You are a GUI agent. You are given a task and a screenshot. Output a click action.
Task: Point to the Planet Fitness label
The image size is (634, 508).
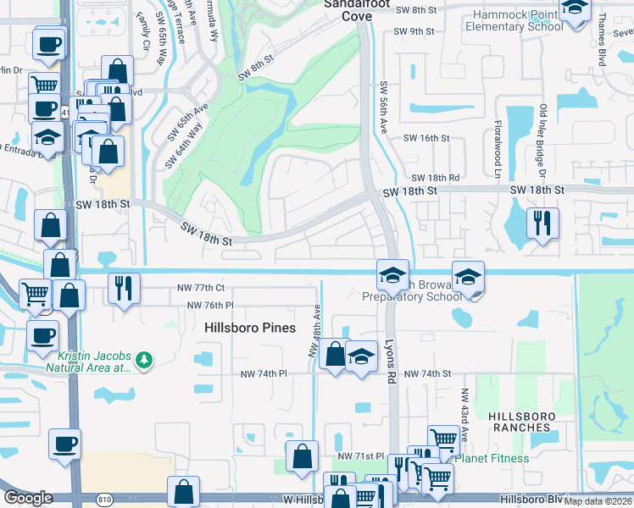[x=492, y=458]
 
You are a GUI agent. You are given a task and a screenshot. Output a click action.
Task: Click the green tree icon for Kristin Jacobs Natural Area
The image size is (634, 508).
[x=145, y=360]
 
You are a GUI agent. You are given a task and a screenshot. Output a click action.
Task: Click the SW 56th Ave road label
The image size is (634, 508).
[x=384, y=107]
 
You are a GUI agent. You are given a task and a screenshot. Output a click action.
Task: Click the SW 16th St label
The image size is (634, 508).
[x=425, y=138]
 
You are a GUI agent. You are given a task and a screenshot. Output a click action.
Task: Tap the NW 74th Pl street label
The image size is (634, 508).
[x=264, y=373]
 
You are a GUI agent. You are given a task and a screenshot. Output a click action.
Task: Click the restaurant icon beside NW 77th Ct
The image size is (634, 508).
[x=124, y=289]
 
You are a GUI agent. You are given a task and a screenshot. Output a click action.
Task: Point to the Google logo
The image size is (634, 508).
[x=28, y=497]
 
